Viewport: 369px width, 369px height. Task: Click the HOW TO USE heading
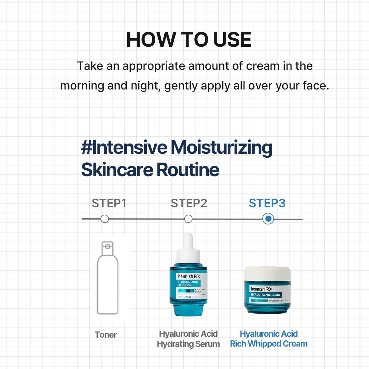[189, 40]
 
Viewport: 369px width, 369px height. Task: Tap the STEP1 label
[109, 203]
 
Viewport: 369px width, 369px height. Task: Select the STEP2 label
[189, 203]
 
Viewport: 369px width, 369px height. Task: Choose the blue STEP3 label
[267, 203]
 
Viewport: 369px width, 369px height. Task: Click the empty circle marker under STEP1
[105, 219]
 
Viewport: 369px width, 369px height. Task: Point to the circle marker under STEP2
[188, 219]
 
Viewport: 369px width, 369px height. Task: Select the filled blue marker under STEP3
[268, 219]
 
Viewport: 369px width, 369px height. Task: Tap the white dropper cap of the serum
[188, 249]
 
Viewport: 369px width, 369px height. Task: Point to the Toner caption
[106, 335]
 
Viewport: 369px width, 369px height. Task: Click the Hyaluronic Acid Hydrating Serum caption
[188, 339]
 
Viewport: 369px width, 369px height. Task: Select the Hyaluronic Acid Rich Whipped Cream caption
[269, 339]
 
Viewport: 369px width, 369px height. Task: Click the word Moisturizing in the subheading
[221, 147]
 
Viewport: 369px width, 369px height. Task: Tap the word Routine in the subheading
[188, 170]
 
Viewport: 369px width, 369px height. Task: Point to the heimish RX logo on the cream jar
[262, 289]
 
